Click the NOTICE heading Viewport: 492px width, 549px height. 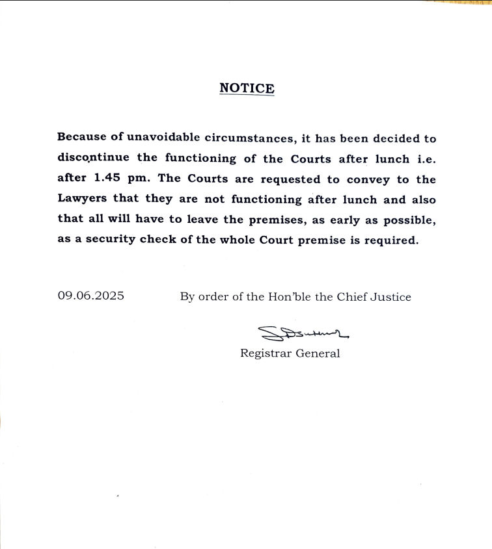click(x=247, y=88)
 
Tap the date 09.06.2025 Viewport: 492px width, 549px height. click(x=91, y=296)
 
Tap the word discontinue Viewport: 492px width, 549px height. click(x=92, y=159)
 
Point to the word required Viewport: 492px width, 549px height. click(x=390, y=240)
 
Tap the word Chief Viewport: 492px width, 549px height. click(x=352, y=296)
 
